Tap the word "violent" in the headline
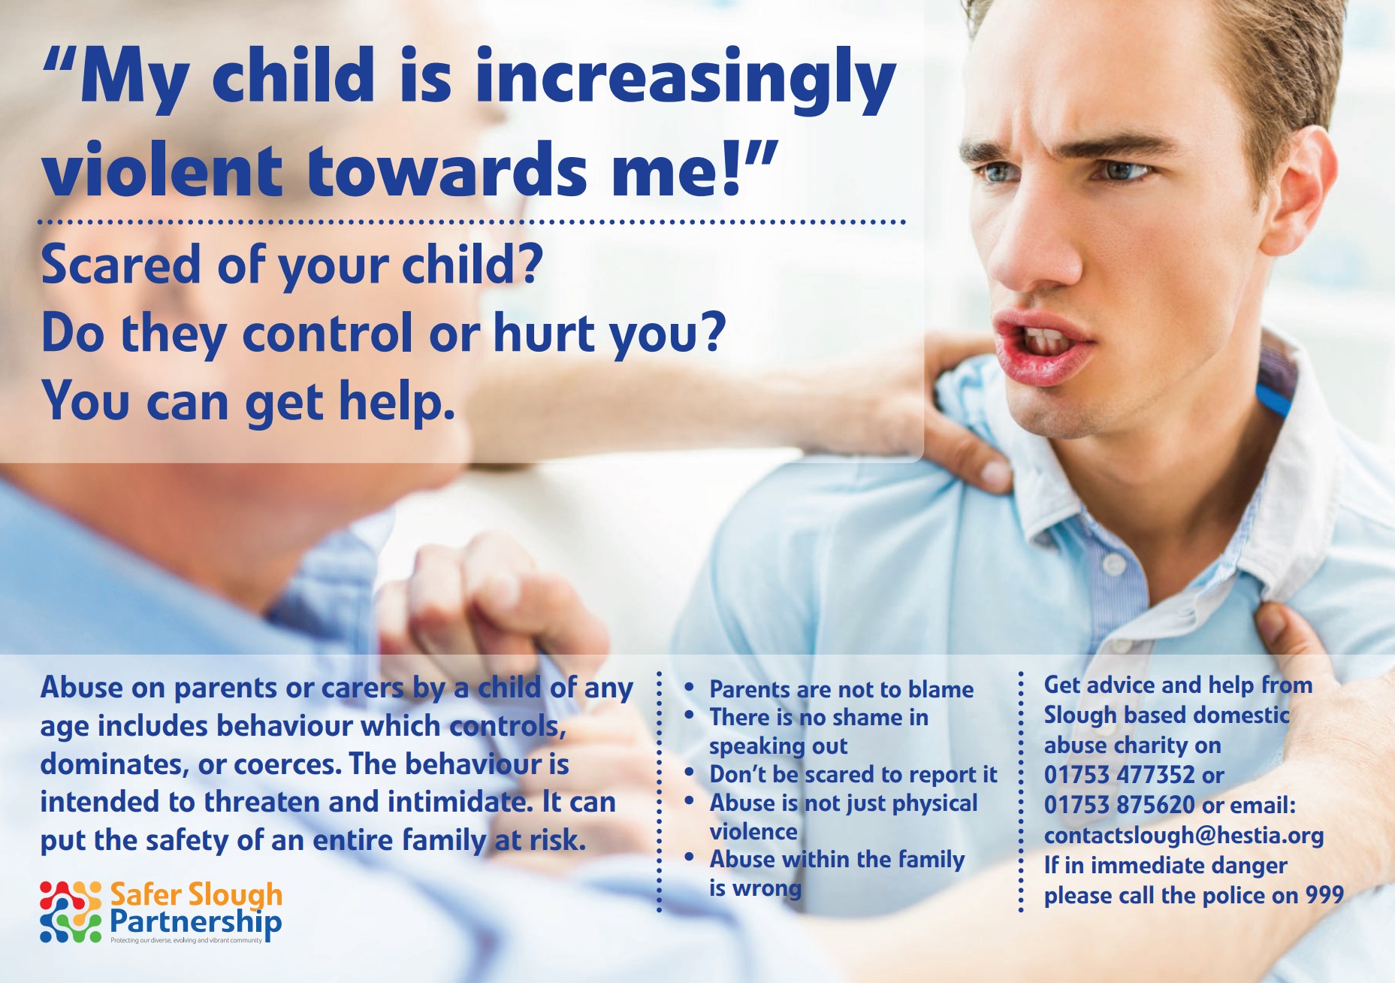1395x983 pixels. pos(162,168)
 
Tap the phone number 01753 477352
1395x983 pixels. pos(1119,774)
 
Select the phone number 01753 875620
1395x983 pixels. pos(1119,805)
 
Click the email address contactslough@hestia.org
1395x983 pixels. pos(1184,836)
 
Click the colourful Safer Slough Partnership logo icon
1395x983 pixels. pos(71,912)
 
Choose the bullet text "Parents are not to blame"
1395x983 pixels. pos(841,689)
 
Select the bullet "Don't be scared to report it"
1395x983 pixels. pos(853,774)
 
